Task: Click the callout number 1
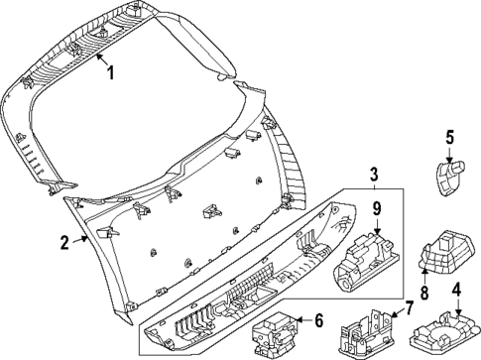(111, 71)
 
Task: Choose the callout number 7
(410, 308)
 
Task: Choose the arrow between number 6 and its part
(303, 321)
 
